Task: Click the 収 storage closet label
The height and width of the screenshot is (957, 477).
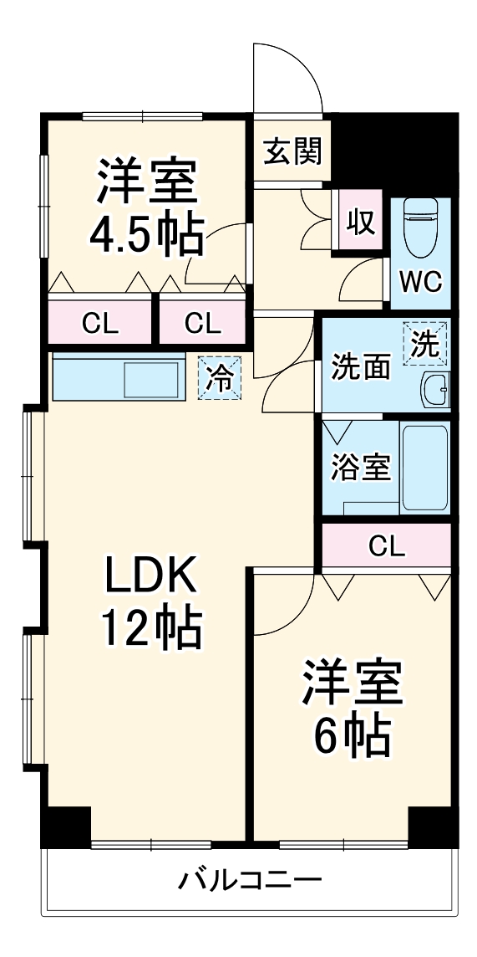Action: [360, 223]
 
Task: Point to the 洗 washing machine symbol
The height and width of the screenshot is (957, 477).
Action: [425, 344]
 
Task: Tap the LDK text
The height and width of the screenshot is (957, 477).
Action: [150, 575]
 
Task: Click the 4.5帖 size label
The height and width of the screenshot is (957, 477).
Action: [145, 237]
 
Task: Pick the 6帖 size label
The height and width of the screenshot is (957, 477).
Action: [352, 734]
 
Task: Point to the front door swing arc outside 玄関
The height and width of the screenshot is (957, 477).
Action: [288, 75]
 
